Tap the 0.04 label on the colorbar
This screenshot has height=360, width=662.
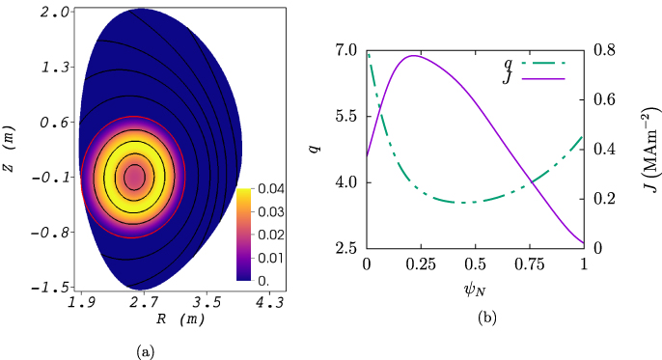[270, 189]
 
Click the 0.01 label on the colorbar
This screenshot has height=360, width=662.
[270, 257]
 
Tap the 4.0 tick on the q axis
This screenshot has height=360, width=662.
[345, 182]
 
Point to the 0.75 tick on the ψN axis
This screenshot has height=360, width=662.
[529, 263]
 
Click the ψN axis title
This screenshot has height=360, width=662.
[475, 288]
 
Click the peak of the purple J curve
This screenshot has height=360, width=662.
[414, 56]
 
